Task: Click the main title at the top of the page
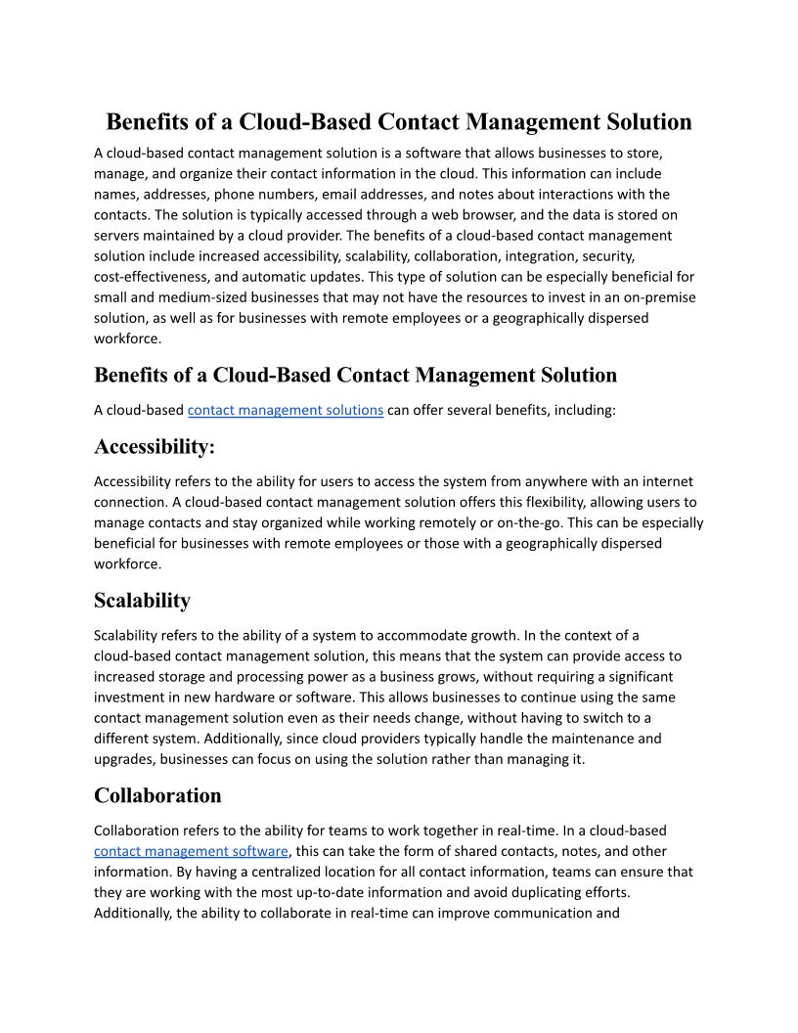point(399,122)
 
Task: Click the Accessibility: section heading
point(154,446)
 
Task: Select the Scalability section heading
point(142,600)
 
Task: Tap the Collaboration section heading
point(157,794)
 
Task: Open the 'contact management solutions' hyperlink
point(285,410)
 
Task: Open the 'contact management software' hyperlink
point(191,851)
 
